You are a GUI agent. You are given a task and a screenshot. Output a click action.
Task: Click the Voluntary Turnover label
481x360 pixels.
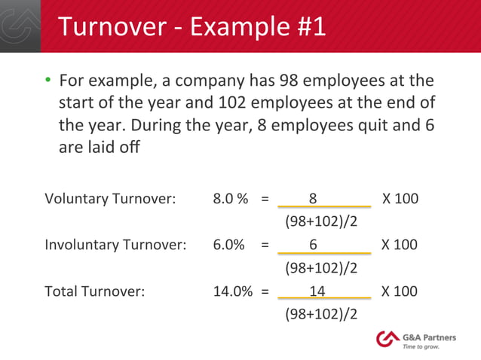(110, 200)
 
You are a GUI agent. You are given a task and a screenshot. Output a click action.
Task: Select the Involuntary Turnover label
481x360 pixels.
(115, 246)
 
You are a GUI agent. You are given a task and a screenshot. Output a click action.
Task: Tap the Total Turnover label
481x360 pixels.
(94, 291)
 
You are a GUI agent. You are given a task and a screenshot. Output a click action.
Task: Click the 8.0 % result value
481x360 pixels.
(231, 200)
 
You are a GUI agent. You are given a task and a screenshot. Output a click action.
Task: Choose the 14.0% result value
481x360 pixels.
(232, 291)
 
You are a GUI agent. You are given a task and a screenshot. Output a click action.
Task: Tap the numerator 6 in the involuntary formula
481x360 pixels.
(313, 246)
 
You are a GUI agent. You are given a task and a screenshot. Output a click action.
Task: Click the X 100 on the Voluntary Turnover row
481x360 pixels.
(400, 200)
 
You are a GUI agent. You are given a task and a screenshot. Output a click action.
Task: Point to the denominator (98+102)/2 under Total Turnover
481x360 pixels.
(320, 313)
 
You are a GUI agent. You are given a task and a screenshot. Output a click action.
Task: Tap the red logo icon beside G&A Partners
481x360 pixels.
(388, 340)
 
